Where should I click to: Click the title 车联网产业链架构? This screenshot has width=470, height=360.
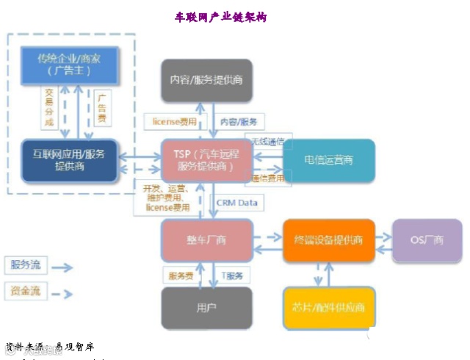click(x=220, y=17)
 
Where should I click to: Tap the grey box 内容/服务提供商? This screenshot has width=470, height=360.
click(x=206, y=79)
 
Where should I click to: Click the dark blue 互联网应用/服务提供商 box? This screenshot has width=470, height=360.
click(x=69, y=159)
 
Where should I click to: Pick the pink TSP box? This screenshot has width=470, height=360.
click(x=206, y=160)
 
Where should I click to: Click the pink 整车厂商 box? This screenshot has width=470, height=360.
click(x=206, y=240)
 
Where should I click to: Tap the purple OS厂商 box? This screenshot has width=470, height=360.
click(x=427, y=240)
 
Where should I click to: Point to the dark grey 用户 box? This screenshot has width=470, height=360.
click(x=206, y=306)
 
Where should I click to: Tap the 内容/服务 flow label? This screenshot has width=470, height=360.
click(x=239, y=122)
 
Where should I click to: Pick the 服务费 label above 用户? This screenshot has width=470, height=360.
click(x=181, y=276)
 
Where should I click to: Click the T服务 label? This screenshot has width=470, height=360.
click(x=236, y=276)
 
